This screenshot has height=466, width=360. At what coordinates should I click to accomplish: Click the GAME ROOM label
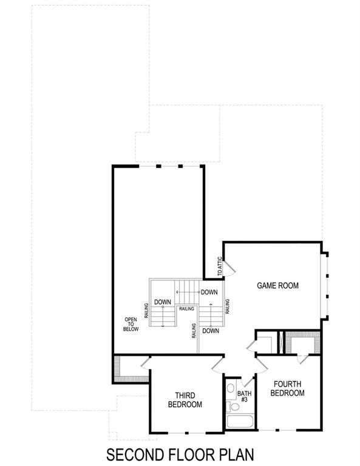[x=278, y=285]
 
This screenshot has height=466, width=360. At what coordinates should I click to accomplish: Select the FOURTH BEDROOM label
[x=287, y=388]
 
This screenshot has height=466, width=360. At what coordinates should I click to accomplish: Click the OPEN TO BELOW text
[x=131, y=324]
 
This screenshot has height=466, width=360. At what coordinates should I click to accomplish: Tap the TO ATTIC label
[x=219, y=266]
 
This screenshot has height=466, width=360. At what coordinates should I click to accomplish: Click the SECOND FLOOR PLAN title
[x=180, y=454]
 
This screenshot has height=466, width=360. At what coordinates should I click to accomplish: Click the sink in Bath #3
[x=231, y=389]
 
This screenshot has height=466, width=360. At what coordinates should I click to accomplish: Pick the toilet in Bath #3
[x=229, y=405]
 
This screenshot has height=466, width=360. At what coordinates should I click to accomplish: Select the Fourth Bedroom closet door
[x=301, y=359]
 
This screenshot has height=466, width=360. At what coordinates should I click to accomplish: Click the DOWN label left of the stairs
[x=161, y=302]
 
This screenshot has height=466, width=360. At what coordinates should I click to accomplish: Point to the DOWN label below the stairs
[x=210, y=331]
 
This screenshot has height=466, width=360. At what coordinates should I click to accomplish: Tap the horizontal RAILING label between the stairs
[x=186, y=309]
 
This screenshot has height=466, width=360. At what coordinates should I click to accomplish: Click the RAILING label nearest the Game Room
[x=227, y=306]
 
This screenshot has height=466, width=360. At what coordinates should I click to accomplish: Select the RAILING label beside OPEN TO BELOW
[x=146, y=310]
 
